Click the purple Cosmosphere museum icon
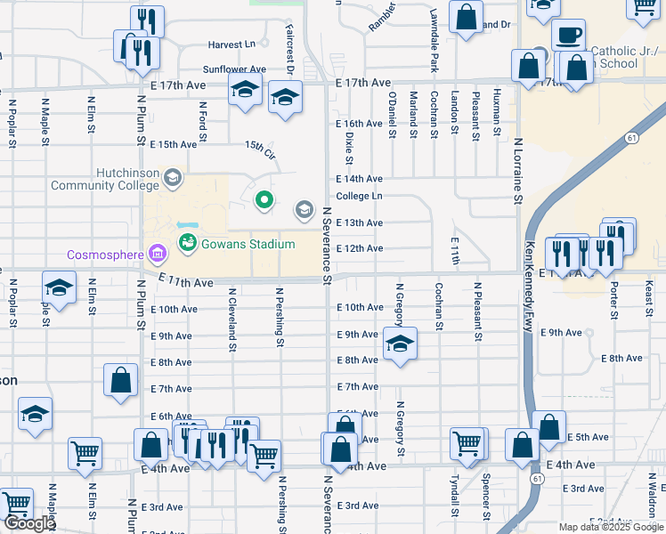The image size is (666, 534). [x=158, y=255]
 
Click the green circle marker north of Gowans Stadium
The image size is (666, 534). [x=264, y=200]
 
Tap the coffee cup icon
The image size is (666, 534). [x=567, y=36]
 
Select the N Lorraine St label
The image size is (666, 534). [x=516, y=170]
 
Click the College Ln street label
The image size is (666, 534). [x=359, y=196]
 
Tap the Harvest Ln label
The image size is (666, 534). [x=231, y=44]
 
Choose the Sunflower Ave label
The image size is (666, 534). [x=234, y=69]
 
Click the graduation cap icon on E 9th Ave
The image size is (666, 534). [x=400, y=344]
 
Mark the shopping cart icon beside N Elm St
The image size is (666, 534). [x=85, y=452]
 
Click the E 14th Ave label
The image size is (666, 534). [x=359, y=179]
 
